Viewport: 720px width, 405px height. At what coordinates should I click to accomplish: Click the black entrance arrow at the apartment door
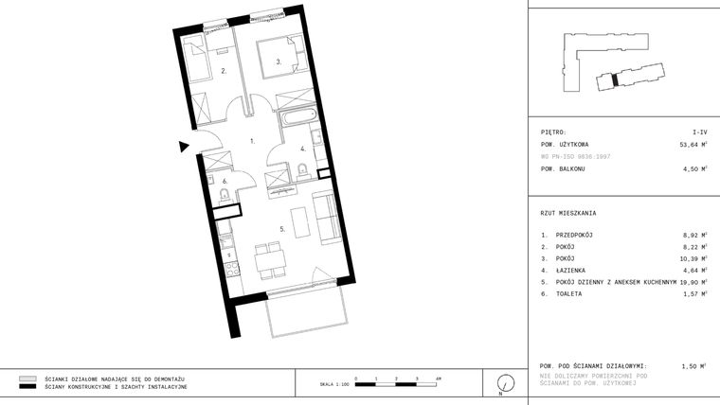[x=184, y=146]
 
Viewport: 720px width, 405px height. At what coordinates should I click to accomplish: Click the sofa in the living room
[x=324, y=216]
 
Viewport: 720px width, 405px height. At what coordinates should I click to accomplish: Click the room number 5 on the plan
[x=281, y=228]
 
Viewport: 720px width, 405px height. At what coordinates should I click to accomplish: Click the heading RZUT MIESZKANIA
[x=568, y=213]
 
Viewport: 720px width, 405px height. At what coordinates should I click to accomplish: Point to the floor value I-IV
[x=699, y=132]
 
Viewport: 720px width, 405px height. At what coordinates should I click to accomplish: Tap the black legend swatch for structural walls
[x=27, y=387]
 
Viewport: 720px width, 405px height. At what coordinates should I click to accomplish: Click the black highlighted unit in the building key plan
[x=614, y=80]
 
